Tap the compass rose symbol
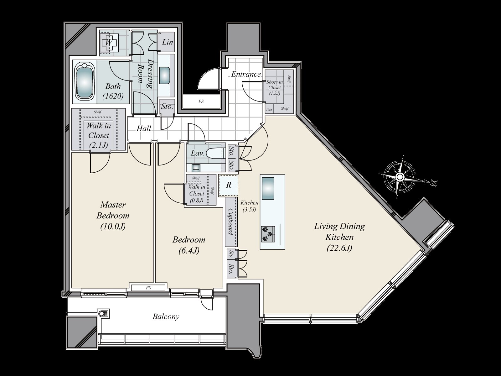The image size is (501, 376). click(400, 177)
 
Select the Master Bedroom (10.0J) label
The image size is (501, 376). click(113, 216)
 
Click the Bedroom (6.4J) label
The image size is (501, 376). click(189, 245)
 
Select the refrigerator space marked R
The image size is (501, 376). click(229, 185)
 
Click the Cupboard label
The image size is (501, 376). click(231, 222)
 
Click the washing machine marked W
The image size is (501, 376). click(109, 42)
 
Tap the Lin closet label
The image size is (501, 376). click(168, 42)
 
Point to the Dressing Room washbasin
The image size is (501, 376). click(165, 75)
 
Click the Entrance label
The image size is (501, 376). click(246, 74)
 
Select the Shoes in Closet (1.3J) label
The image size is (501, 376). click(274, 87)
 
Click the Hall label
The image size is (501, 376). click(144, 128)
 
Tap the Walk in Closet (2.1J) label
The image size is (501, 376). click(98, 135)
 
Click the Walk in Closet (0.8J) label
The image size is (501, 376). click(196, 194)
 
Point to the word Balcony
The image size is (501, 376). click(166, 316)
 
